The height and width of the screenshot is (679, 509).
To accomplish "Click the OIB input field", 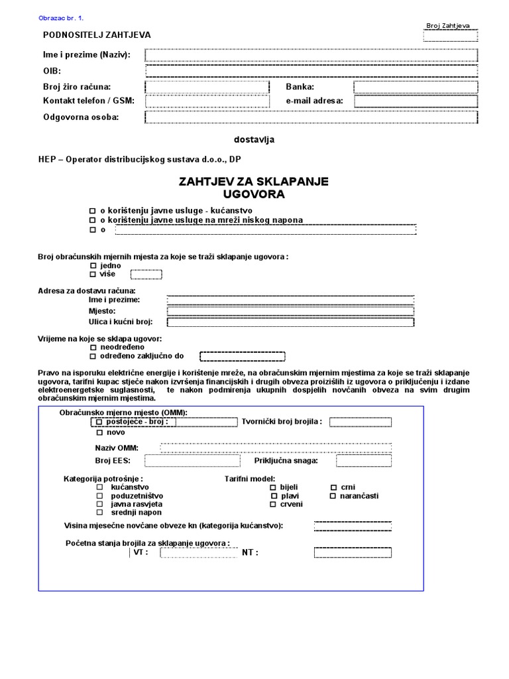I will pos(310,70).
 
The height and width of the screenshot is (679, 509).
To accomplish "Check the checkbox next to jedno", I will pos(93,265).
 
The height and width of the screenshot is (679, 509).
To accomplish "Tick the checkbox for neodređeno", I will pos(93,347).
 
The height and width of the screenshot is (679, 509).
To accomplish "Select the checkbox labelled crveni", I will pos(273,505).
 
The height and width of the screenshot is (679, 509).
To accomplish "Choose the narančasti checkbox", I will pos(333,495).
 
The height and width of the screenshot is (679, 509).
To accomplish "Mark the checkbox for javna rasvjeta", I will pos(100,504).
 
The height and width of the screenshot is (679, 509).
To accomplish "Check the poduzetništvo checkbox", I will pos(100,495).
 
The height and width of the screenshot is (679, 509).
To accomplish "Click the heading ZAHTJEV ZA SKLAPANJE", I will pos(254,181).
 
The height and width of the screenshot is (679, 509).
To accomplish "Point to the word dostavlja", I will pos(254,139).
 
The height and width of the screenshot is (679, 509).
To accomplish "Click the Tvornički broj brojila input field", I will pos(361,422).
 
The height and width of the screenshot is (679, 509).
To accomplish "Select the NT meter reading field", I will pos(353,552).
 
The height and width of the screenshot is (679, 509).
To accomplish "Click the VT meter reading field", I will pos(196,552).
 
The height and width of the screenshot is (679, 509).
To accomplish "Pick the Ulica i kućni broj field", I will pos(290,322).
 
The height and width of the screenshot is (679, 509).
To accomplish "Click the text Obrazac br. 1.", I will pos(62,18).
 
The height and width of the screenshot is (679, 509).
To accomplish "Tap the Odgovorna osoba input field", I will pos(310,117).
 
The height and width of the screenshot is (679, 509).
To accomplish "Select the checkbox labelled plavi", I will pos(273,495).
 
